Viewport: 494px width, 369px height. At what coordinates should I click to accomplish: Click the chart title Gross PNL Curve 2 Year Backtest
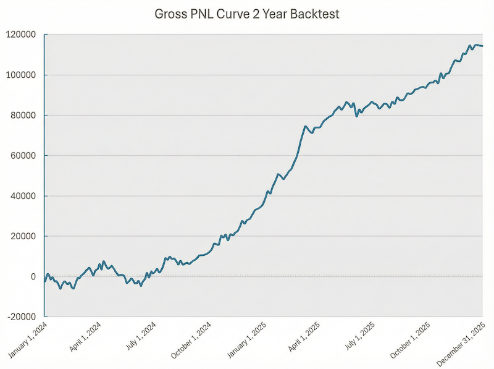pyautogui.click(x=246, y=14)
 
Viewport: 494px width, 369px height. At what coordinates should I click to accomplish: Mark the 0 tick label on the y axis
pyautogui.click(x=35, y=276)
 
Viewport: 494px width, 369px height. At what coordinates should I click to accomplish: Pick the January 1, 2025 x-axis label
pyautogui.click(x=247, y=339)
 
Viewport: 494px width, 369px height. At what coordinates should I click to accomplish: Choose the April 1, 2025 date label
pyautogui.click(x=304, y=337)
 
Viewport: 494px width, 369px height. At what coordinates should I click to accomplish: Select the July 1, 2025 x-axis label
pyautogui.click(x=361, y=337)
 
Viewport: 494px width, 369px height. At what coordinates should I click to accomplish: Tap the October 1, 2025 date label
pyautogui.click(x=412, y=339)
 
